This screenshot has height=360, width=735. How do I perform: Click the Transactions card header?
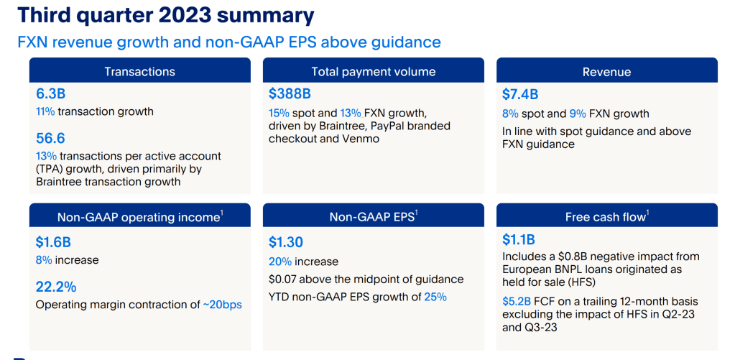click(x=139, y=71)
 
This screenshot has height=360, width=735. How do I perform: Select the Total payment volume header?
click(x=374, y=71)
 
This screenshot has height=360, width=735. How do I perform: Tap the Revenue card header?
click(x=607, y=71)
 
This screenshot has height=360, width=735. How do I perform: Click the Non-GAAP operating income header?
click(x=139, y=216)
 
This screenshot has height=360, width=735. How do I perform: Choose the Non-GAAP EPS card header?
click(x=374, y=216)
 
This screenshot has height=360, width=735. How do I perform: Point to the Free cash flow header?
click(x=607, y=216)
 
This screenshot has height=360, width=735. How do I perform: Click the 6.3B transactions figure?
click(x=50, y=94)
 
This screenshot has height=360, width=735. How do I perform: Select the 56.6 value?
click(x=50, y=138)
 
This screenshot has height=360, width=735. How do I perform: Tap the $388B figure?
click(x=290, y=94)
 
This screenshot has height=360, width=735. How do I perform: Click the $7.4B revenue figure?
click(x=520, y=94)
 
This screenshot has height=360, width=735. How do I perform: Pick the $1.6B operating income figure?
click(x=53, y=242)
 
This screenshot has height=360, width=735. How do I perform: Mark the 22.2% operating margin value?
click(x=56, y=287)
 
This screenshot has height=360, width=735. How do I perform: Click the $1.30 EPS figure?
click(x=286, y=242)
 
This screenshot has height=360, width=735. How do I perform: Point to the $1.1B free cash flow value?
click(x=519, y=240)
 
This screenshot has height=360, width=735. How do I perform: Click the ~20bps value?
click(x=222, y=305)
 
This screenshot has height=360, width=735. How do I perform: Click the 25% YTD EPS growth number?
click(x=435, y=297)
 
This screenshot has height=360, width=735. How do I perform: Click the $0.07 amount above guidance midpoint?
click(x=282, y=280)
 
